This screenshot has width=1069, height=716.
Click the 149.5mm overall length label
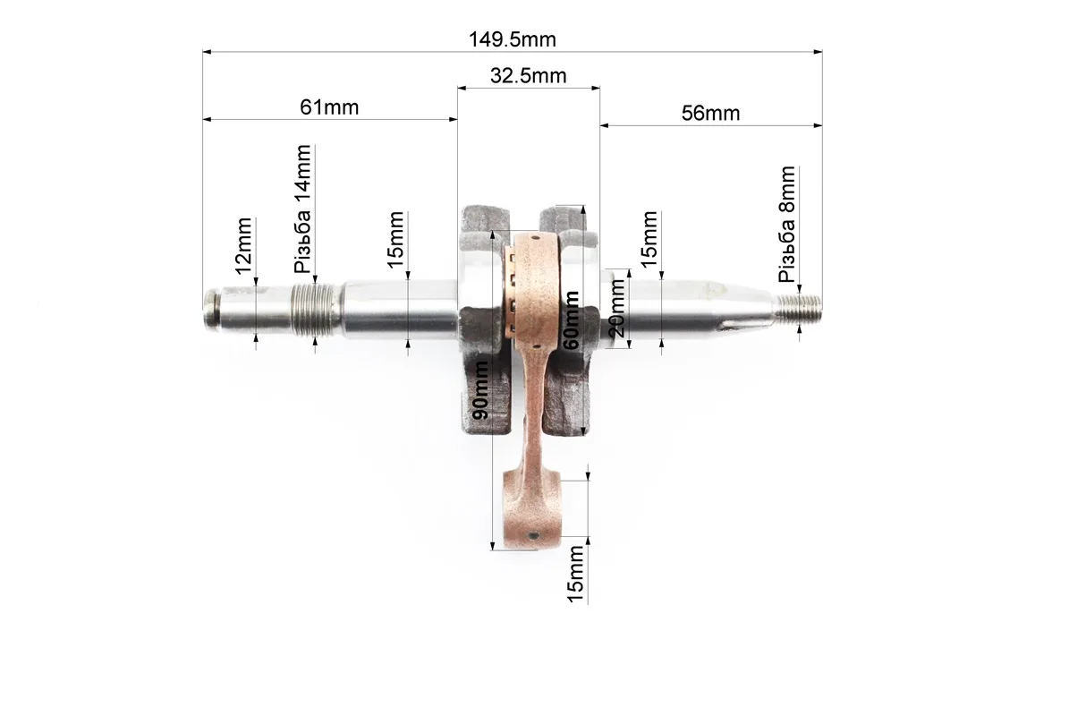[512, 39]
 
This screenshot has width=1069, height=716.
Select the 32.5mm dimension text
[529, 75]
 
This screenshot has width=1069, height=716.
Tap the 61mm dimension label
[329, 107]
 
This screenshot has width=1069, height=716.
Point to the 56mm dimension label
[710, 113]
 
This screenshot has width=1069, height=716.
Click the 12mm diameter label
[243, 246]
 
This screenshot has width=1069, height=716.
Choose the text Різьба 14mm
[302, 209]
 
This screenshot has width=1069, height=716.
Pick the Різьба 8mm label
[786, 224]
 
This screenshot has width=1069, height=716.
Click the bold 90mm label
[480, 390]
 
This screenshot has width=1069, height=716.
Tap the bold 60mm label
[572, 320]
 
